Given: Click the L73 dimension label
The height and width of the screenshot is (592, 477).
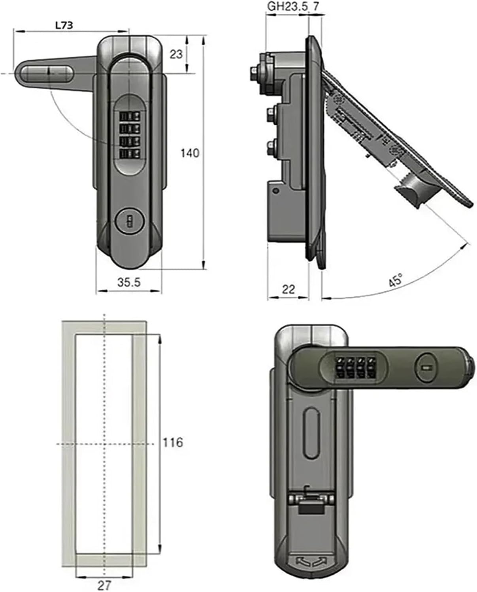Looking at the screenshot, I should (x=64, y=26).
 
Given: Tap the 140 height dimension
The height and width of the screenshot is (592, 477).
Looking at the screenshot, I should (x=190, y=153).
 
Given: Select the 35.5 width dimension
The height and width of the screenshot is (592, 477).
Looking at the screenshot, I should (x=129, y=283).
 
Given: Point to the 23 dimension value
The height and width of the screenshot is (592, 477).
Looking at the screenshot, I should (x=176, y=54).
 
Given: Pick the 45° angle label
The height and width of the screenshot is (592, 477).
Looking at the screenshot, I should (x=395, y=281).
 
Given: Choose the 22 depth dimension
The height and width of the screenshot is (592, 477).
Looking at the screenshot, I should (x=288, y=289).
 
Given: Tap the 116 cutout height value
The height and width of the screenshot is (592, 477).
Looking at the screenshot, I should (x=173, y=442).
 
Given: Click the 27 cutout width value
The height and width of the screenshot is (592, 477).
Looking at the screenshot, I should (x=104, y=585).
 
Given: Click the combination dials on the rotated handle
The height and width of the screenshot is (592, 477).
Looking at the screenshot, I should (x=355, y=367).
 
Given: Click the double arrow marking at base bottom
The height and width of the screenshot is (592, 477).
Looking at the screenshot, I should (x=312, y=561).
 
